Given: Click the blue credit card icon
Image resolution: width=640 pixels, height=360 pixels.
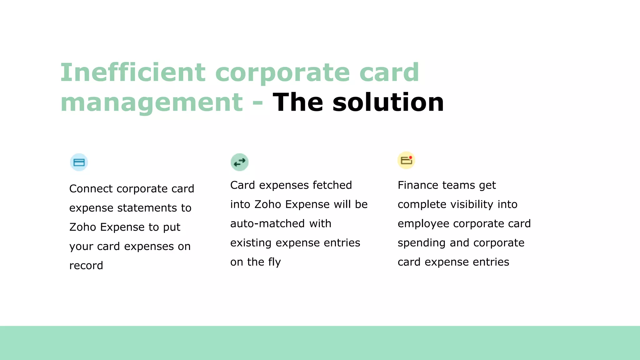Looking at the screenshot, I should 79,162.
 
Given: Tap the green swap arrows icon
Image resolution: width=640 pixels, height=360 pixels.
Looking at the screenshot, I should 239,162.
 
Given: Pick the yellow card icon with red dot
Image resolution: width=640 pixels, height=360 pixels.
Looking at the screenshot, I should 406,160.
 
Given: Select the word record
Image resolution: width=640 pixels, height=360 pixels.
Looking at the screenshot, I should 86,266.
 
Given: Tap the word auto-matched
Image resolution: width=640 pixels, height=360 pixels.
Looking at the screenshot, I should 267,224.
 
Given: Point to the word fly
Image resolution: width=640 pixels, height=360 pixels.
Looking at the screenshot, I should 274,262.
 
